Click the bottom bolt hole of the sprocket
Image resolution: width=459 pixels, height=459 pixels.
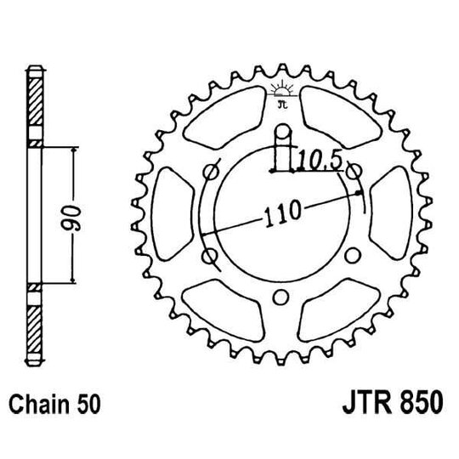click(280, 297)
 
